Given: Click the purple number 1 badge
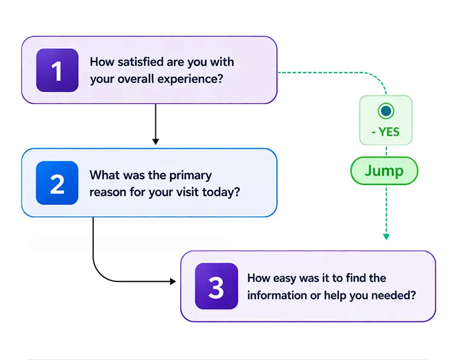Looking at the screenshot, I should point(57,70).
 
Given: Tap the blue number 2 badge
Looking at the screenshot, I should point(57,183).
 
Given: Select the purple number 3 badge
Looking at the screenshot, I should point(216,286).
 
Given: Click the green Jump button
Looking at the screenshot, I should point(384,171).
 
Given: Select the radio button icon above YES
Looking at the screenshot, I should point(385,111).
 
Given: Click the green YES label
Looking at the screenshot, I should point(385,132).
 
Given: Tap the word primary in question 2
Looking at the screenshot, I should point(190,175).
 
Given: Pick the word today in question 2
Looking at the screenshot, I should point(225,192).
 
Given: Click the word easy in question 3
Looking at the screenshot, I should point(286,278).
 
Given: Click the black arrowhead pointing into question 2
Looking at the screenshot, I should point(155,142).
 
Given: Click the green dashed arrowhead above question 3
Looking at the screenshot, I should point(386,237).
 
